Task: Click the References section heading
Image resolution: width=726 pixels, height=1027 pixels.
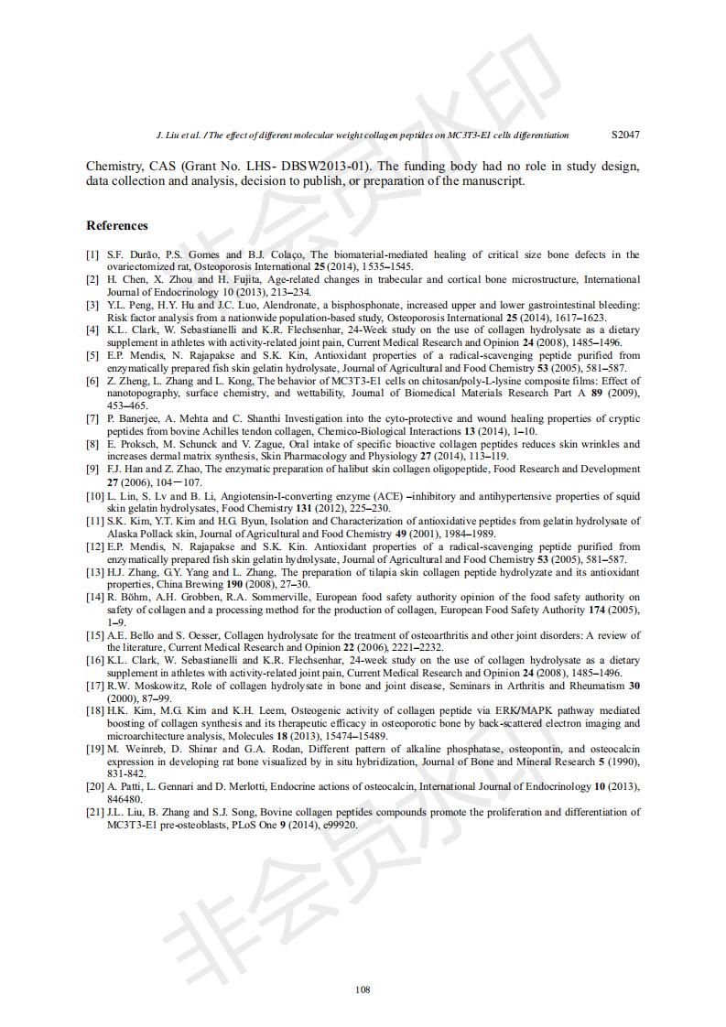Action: pos(116,225)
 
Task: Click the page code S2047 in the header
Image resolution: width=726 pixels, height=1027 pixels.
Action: pos(625,135)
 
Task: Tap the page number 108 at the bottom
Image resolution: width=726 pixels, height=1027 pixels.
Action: pos(363,989)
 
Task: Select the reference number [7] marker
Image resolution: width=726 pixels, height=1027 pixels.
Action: pos(93,418)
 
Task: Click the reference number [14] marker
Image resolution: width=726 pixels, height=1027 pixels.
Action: pos(95,598)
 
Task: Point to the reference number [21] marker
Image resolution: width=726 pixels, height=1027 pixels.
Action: pos(95,812)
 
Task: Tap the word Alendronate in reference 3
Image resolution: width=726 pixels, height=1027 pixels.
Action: pos(277,305)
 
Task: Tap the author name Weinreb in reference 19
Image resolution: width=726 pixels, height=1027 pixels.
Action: pos(149,748)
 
